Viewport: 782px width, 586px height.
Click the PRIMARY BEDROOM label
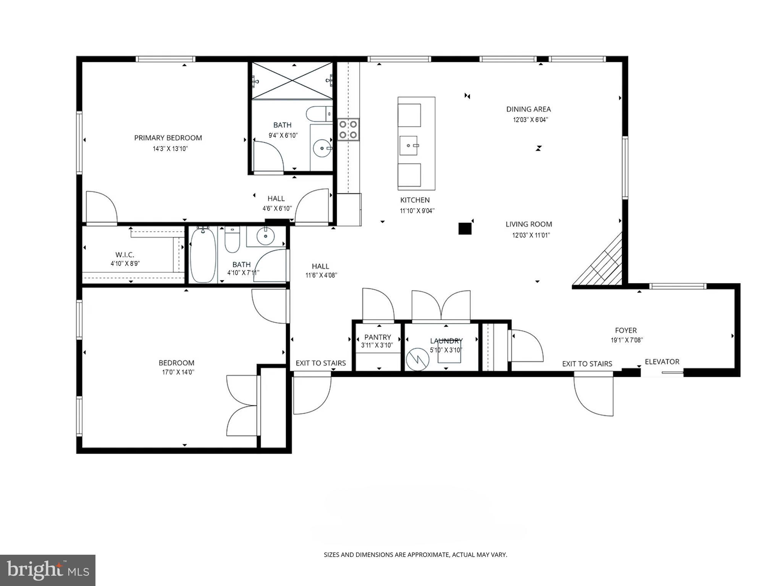click(168, 138)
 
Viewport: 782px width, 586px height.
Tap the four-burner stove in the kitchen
click(348, 130)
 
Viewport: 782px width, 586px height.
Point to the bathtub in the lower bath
click(203, 255)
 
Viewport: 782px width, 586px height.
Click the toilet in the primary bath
click(319, 114)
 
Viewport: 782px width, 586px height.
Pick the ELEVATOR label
click(662, 362)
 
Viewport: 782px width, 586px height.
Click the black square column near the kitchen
click(465, 228)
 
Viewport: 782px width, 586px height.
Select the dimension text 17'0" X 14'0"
click(178, 372)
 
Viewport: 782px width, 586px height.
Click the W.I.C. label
click(125, 254)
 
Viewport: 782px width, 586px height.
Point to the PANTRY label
click(378, 337)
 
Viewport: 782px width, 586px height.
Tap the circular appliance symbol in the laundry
click(418, 359)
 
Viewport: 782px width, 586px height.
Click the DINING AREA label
click(528, 109)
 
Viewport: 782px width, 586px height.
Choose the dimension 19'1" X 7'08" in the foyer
click(627, 340)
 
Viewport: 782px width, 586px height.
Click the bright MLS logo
click(48, 570)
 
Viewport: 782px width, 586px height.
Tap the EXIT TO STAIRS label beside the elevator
click(587, 364)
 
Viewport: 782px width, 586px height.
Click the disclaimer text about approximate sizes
click(415, 555)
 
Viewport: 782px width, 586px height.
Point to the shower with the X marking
click(292, 80)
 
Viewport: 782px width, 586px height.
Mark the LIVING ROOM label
click(529, 224)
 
